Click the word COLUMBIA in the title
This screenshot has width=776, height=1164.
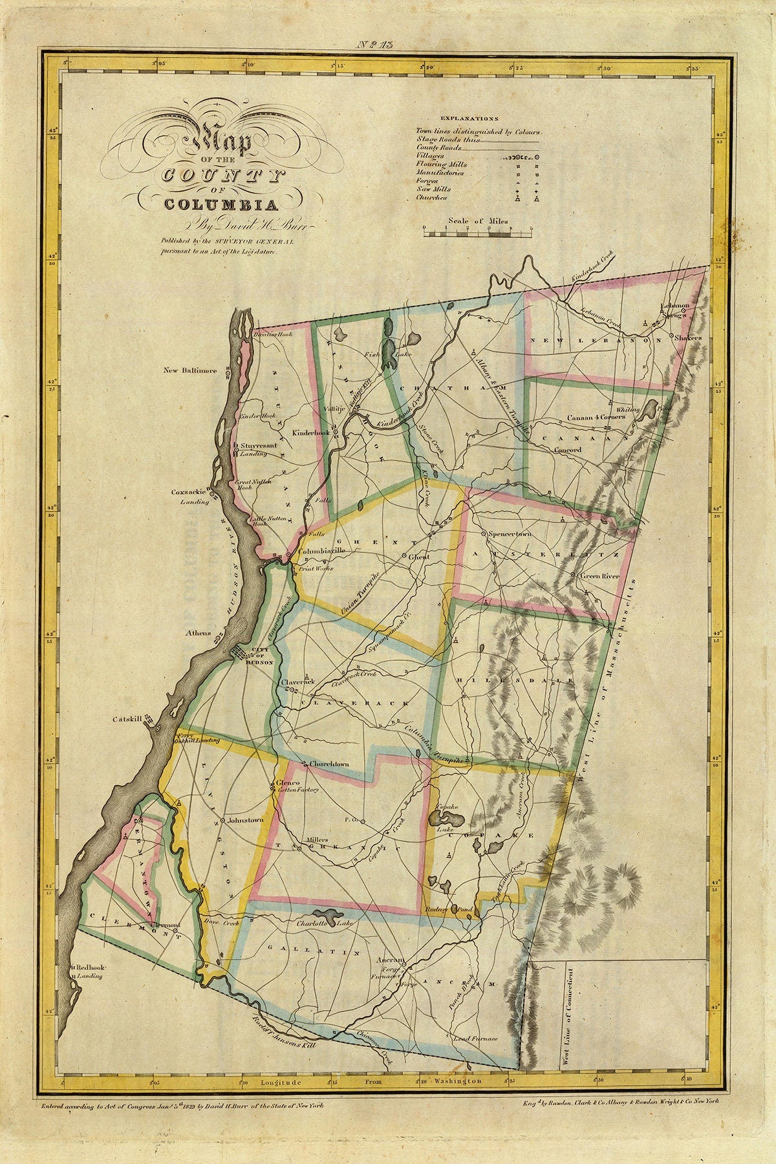tap(221, 206)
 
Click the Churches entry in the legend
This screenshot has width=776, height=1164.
tap(431, 198)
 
